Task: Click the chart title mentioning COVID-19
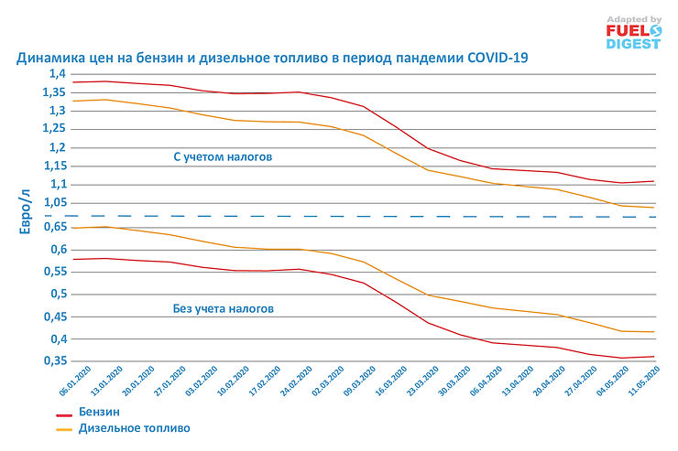click(x=272, y=58)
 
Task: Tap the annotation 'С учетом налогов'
click(x=223, y=157)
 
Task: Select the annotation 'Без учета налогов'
click(x=223, y=309)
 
